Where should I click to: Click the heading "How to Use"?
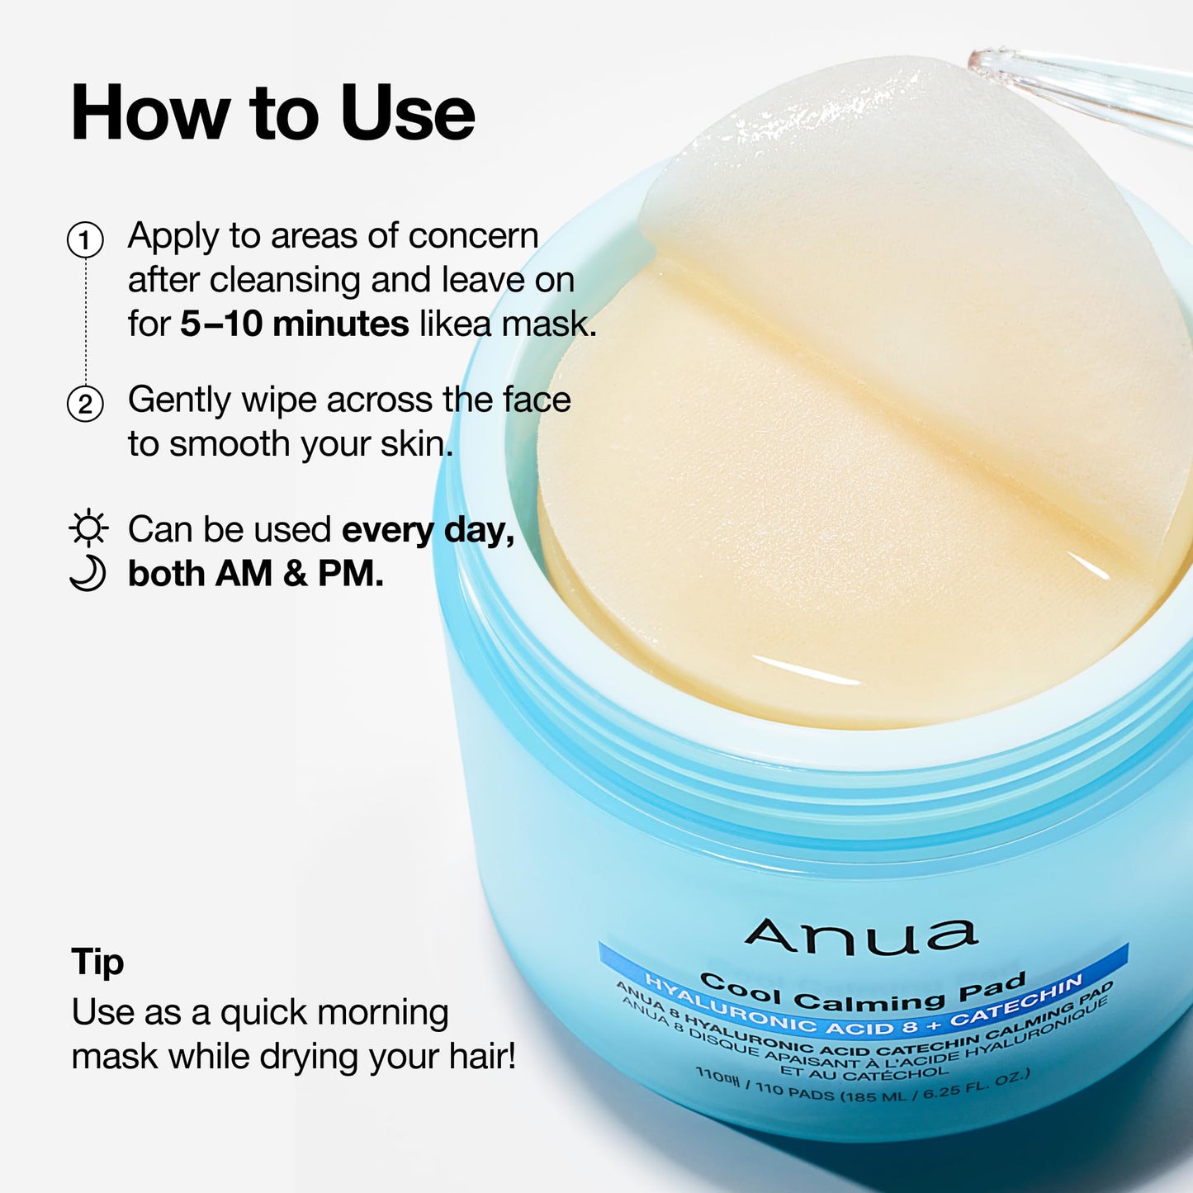[272, 114]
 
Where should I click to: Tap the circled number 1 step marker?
[85, 240]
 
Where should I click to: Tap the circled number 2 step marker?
[85, 405]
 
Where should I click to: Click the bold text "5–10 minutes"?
[294, 324]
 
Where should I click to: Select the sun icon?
[88, 528]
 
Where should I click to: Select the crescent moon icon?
[88, 573]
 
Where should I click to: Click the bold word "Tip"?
[97, 963]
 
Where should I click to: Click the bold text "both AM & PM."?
[255, 574]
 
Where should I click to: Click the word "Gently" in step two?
[179, 400]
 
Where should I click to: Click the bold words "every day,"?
[428, 530]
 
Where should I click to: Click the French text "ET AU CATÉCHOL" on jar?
[864, 1072]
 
